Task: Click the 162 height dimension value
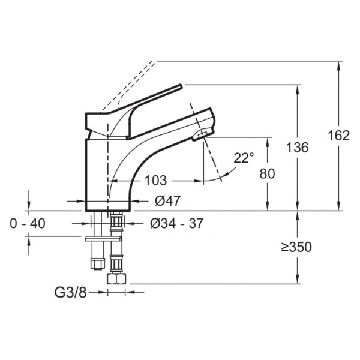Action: (x=338, y=135)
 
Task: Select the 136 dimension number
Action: (x=298, y=147)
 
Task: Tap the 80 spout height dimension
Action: (x=267, y=173)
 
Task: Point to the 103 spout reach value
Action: (x=155, y=181)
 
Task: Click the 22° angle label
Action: (x=244, y=158)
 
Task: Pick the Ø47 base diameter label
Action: (x=168, y=201)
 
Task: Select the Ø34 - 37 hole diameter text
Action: (x=177, y=223)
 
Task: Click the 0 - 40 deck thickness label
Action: (x=28, y=223)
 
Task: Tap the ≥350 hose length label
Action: (x=296, y=247)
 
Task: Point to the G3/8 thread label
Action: (x=70, y=292)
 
